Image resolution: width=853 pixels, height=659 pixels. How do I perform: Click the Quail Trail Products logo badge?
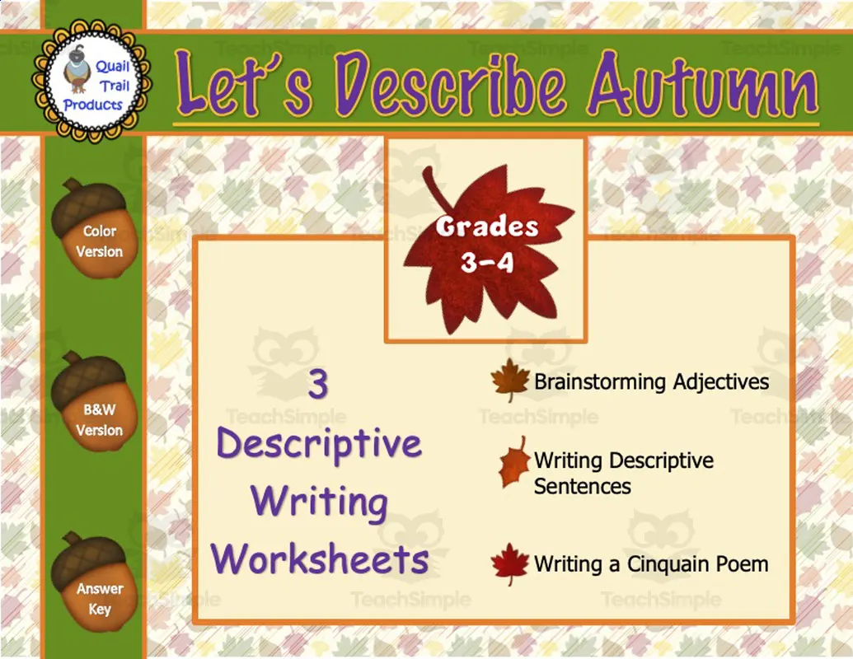click(x=91, y=80)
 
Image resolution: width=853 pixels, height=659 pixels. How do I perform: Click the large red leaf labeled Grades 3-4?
click(x=486, y=247)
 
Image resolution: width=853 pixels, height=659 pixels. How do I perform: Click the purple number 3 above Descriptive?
click(x=318, y=384)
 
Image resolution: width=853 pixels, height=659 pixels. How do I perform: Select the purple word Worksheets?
click(x=320, y=560)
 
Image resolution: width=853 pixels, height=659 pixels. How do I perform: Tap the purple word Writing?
click(x=320, y=502)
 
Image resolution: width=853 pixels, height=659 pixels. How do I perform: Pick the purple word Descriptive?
click(x=320, y=444)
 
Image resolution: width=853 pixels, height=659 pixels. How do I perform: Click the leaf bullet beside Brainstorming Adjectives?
click(x=510, y=381)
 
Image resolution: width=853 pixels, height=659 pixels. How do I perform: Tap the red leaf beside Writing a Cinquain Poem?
click(x=509, y=564)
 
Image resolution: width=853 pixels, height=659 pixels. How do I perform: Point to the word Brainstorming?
click(x=600, y=382)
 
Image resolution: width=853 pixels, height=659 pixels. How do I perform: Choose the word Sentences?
click(x=582, y=486)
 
